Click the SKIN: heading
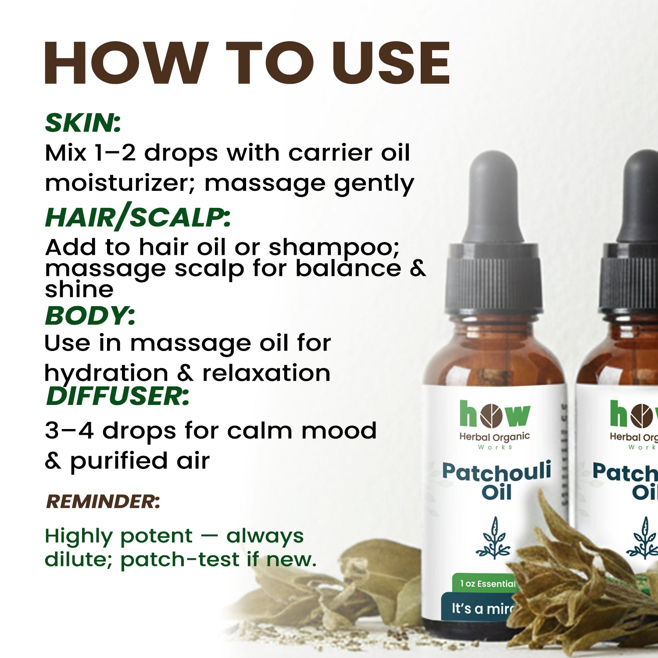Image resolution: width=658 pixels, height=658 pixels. [83, 123]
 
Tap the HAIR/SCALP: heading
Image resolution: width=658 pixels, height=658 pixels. [138, 218]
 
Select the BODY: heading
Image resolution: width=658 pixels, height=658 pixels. [90, 316]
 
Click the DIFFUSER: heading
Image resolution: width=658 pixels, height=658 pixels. [118, 396]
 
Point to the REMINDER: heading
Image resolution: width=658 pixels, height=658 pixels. [103, 501]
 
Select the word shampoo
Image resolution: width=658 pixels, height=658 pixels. [334, 248]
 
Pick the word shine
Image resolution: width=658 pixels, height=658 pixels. [79, 290]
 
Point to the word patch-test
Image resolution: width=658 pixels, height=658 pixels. [180, 560]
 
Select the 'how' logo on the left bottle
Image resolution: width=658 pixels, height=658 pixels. [494, 415]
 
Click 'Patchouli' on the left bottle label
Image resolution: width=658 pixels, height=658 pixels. [496, 472]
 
